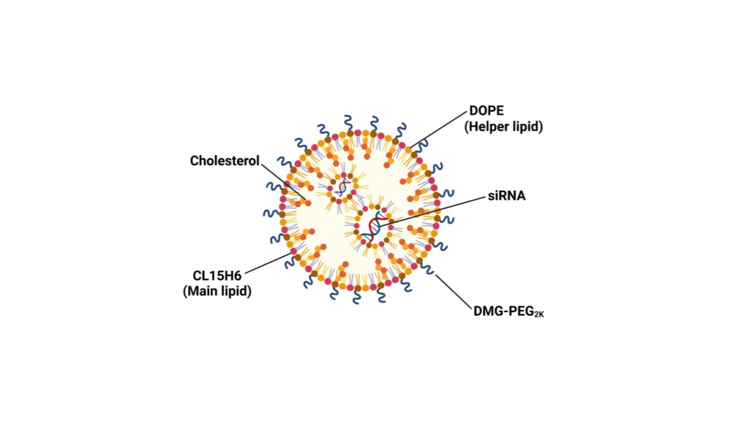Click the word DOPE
[486, 111]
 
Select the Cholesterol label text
[225, 161]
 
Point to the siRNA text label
[507, 196]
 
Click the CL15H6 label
[218, 275]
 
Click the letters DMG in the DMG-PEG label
[486, 312]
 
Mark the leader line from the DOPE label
[438, 128]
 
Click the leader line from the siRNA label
[435, 210]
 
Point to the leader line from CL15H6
[268, 263]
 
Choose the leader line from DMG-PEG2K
[453, 291]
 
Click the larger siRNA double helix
[373, 227]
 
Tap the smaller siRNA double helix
[342, 188]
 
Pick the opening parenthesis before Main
[186, 291]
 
